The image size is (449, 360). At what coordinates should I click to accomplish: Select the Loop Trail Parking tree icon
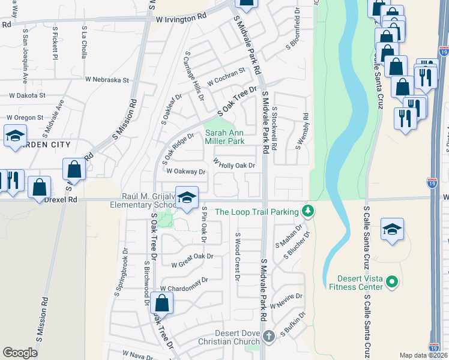(308, 211)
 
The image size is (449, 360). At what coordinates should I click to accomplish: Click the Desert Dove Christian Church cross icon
(268, 336)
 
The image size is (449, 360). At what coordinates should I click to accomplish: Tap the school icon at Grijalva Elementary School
(187, 197)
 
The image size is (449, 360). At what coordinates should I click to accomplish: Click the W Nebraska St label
(107, 80)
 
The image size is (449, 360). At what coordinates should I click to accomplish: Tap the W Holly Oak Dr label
(234, 164)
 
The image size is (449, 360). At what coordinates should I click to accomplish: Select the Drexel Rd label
(60, 199)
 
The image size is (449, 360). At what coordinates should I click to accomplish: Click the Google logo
(20, 353)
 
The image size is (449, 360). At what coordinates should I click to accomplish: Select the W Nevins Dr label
(286, 301)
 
